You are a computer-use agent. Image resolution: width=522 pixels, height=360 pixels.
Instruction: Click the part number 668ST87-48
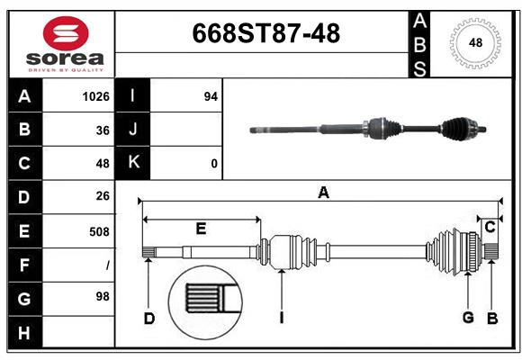coord(266,34)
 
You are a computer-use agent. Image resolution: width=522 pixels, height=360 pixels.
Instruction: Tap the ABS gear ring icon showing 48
coord(475,42)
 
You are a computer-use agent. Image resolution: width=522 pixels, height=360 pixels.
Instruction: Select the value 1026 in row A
coord(96,96)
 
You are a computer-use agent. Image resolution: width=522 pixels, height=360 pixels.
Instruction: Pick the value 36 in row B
coord(103,130)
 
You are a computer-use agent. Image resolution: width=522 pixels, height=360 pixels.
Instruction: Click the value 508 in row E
coord(99,231)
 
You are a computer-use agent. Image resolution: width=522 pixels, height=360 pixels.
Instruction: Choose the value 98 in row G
coord(103,296)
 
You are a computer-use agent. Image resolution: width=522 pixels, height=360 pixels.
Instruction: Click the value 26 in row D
coord(103,196)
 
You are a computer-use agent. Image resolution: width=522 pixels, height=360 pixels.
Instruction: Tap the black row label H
coord(24,333)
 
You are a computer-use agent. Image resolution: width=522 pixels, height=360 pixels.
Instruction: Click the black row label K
coord(133,163)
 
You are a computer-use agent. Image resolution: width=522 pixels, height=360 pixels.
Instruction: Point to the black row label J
coord(133,130)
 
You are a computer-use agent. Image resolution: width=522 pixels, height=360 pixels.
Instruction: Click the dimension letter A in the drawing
coord(323,192)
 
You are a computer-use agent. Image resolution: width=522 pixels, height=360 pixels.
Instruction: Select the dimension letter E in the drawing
coord(201,229)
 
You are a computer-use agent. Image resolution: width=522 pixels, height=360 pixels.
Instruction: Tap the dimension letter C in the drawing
coord(490,228)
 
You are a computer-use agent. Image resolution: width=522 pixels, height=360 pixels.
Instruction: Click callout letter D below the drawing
coord(149,317)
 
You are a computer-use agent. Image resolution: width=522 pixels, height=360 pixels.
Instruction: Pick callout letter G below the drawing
coord(468,317)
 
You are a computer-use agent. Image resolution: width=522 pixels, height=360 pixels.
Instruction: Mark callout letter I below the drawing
coord(282,317)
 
